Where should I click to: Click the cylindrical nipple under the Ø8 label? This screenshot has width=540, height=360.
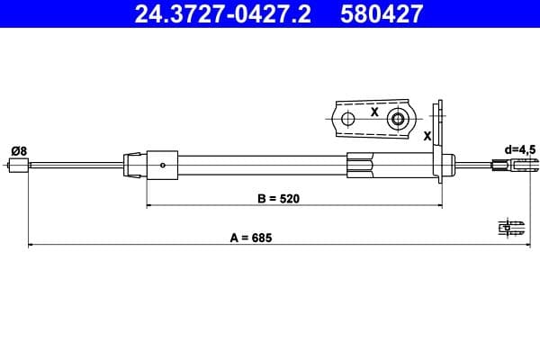click(x=18, y=165)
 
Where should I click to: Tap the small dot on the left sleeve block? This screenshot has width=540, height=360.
click(x=161, y=165)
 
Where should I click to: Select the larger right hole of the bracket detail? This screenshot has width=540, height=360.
click(x=397, y=119)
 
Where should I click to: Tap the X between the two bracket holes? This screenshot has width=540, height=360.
click(x=373, y=113)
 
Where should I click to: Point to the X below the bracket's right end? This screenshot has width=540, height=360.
click(x=427, y=135)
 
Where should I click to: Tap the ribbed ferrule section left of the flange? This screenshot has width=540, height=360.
click(x=359, y=165)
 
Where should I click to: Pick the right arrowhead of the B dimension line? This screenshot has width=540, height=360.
click(x=439, y=205)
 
